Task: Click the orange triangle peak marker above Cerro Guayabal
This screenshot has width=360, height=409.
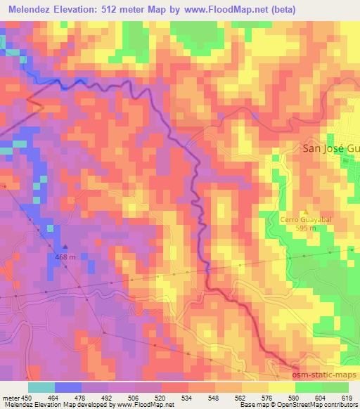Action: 304,212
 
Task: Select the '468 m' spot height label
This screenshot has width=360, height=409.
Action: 65,257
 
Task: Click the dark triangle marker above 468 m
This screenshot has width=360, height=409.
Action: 65,247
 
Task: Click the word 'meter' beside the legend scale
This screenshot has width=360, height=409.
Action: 11,397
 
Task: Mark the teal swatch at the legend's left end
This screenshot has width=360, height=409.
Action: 41,387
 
